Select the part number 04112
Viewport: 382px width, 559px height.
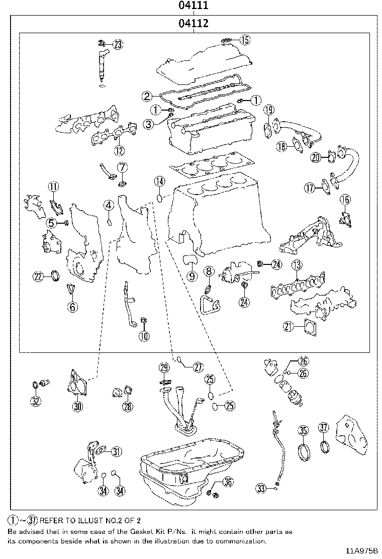click(x=193, y=24)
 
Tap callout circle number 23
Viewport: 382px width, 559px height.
click(x=117, y=45)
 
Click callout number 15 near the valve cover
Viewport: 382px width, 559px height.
click(x=244, y=39)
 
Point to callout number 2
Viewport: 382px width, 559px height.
click(x=147, y=96)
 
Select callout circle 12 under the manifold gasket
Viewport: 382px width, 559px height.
click(x=119, y=150)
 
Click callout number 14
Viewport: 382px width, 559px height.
click(x=159, y=181)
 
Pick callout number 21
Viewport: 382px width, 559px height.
click(x=288, y=327)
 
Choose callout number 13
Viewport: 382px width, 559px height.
click(x=297, y=265)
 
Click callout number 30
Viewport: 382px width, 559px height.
click(x=77, y=406)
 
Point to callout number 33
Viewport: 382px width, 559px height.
click(x=260, y=487)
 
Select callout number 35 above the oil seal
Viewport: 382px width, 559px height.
click(x=303, y=430)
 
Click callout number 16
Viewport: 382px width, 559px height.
click(x=344, y=200)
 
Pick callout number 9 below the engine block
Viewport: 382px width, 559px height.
click(x=192, y=275)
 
